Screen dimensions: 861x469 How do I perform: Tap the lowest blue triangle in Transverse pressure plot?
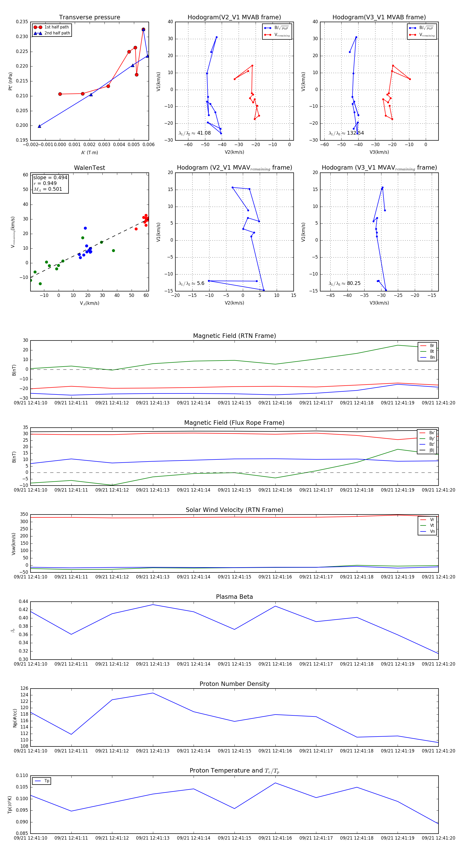tap(39, 126)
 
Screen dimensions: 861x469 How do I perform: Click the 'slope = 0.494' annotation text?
tap(50, 177)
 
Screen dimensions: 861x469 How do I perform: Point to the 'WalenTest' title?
tap(89, 168)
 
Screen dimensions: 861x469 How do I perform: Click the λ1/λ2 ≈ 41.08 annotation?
tap(195, 133)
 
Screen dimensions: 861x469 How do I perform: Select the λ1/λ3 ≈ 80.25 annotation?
tap(344, 283)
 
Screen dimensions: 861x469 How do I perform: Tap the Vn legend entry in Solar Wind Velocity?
tap(432, 531)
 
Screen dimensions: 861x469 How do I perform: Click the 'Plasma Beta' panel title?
tap(234, 597)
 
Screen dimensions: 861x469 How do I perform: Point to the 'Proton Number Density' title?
tap(234, 684)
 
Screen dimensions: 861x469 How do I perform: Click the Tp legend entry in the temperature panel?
tap(46, 781)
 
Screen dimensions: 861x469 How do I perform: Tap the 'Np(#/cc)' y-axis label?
tap(15, 718)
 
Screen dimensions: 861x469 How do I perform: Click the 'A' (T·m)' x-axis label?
tap(89, 152)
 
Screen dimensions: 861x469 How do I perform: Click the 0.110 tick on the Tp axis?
tap(22, 775)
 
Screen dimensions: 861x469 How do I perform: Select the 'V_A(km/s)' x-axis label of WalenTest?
tap(89, 303)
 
